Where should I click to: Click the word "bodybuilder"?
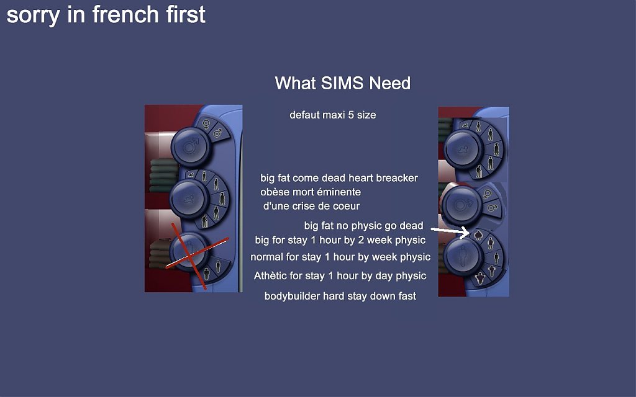click(292, 296)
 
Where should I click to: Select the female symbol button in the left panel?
click(206, 123)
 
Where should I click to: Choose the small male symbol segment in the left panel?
click(218, 133)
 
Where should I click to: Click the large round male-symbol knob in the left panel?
click(190, 146)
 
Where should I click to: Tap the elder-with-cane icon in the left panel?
click(204, 221)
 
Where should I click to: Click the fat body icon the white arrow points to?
click(478, 234)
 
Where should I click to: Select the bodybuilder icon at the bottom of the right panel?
click(480, 279)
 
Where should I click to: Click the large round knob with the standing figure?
click(462, 256)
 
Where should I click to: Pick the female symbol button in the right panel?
click(488, 194)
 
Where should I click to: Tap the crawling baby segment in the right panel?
click(465, 125)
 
